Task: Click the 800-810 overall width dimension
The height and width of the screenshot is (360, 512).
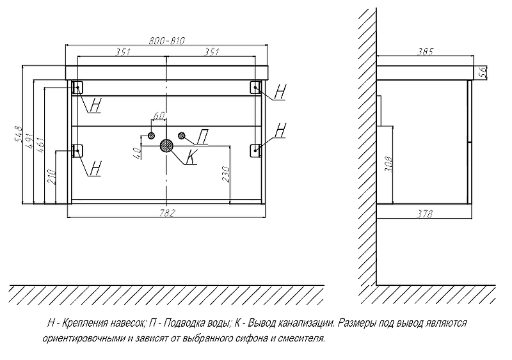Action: click(166, 40)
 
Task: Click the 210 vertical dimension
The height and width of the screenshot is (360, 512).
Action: click(52, 175)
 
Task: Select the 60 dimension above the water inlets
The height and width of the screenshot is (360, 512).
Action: click(159, 116)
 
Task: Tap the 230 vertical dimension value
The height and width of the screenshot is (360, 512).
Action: click(226, 173)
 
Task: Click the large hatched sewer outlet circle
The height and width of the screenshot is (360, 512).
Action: click(166, 145)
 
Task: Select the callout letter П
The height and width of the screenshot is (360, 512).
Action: click(201, 136)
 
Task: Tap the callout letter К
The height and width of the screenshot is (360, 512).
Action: click(191, 157)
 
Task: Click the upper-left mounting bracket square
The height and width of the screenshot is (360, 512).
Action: click(77, 87)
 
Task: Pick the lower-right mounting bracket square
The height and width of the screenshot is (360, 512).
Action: click(256, 149)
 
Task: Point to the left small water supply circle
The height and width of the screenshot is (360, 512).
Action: click(152, 135)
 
